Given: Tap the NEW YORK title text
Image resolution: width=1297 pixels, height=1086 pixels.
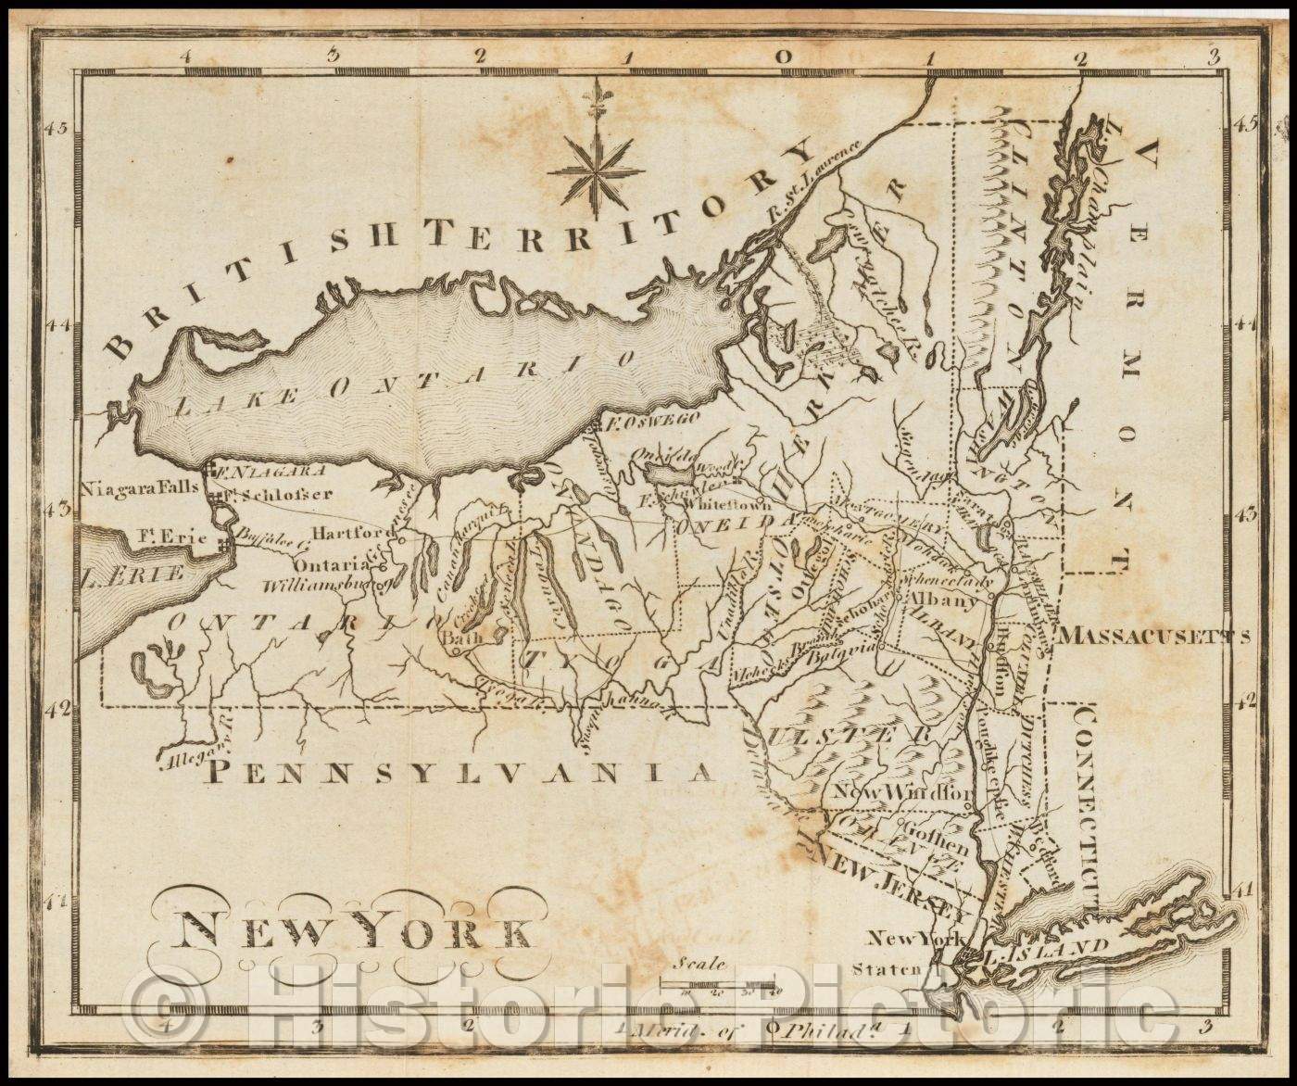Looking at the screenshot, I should tap(353, 932).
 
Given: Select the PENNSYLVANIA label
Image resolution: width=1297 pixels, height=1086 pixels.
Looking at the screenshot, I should tap(460, 772).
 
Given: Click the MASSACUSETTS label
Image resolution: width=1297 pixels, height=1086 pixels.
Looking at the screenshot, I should tap(1154, 636).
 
